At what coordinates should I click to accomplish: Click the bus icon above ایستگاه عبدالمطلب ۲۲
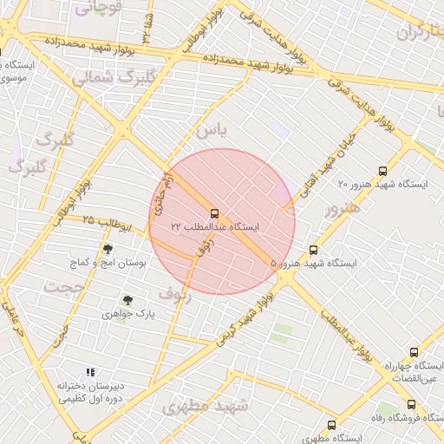coord(214,212)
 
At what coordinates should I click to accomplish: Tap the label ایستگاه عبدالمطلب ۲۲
coord(215,227)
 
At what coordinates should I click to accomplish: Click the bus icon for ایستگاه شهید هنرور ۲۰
coord(383,172)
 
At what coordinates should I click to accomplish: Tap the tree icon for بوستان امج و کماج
coord(108,250)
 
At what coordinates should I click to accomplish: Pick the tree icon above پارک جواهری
coord(128,300)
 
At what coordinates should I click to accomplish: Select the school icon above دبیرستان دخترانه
coord(91,372)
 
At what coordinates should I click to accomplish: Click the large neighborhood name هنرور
coord(341,209)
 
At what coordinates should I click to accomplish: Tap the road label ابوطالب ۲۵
coord(105,224)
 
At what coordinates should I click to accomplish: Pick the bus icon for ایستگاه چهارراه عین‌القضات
coord(414,353)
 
